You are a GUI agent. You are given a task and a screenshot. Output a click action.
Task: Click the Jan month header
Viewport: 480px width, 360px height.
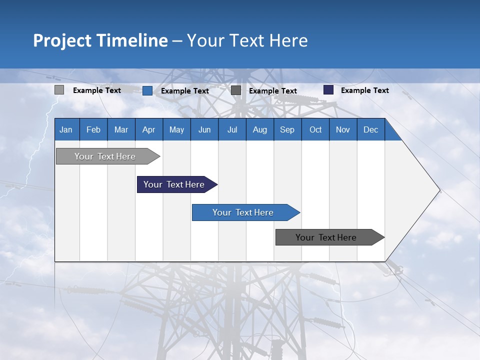click(66, 129)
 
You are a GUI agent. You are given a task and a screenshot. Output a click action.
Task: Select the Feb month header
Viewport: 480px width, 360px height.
click(93, 129)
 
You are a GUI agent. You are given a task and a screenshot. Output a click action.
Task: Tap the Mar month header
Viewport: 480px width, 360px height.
click(121, 129)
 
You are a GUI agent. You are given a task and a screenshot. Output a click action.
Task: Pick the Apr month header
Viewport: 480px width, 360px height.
click(149, 129)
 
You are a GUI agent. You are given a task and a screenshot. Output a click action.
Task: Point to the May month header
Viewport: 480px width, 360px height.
click(176, 129)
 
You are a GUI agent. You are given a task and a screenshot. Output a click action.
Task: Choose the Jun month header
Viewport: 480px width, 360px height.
click(204, 129)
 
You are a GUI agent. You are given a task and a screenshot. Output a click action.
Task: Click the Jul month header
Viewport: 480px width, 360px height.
click(232, 129)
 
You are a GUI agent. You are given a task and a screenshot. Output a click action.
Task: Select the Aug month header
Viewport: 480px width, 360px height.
click(259, 129)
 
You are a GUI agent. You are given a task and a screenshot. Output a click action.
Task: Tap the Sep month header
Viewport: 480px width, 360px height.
click(287, 129)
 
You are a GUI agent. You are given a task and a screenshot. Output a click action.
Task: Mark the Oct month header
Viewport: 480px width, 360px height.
click(315, 129)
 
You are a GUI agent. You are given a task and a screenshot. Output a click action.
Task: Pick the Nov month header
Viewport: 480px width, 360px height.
click(343, 129)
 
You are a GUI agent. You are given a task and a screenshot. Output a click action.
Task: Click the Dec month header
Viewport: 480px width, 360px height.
click(370, 129)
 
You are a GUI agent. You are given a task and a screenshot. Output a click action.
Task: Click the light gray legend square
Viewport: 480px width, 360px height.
click(59, 90)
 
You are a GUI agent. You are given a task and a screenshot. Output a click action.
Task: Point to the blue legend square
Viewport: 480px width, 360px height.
click(147, 90)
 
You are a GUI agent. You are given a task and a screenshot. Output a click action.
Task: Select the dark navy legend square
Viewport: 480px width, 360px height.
click(328, 90)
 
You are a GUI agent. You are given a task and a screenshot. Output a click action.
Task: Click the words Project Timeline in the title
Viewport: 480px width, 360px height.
click(100, 40)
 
